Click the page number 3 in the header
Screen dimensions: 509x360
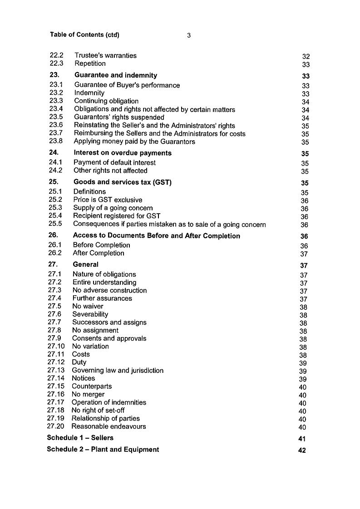point(188,35)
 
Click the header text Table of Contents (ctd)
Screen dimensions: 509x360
point(85,35)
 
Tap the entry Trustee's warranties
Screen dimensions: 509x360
point(105,55)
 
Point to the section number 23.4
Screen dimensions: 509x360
point(56,109)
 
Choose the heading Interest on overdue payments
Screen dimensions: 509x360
point(123,153)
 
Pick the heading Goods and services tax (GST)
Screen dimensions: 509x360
point(122,182)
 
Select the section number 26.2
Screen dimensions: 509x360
point(55,253)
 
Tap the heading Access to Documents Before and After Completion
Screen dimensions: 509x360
point(156,236)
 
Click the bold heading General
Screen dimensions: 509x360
point(85,264)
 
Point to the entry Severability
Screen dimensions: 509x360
point(90,314)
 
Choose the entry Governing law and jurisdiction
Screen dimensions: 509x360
point(118,370)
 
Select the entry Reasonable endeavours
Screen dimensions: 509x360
point(108,426)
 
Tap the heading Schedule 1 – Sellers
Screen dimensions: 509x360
point(80,438)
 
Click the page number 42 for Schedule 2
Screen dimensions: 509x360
point(302,450)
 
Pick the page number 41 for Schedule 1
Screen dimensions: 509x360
point(302,439)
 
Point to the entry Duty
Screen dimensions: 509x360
point(79,362)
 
